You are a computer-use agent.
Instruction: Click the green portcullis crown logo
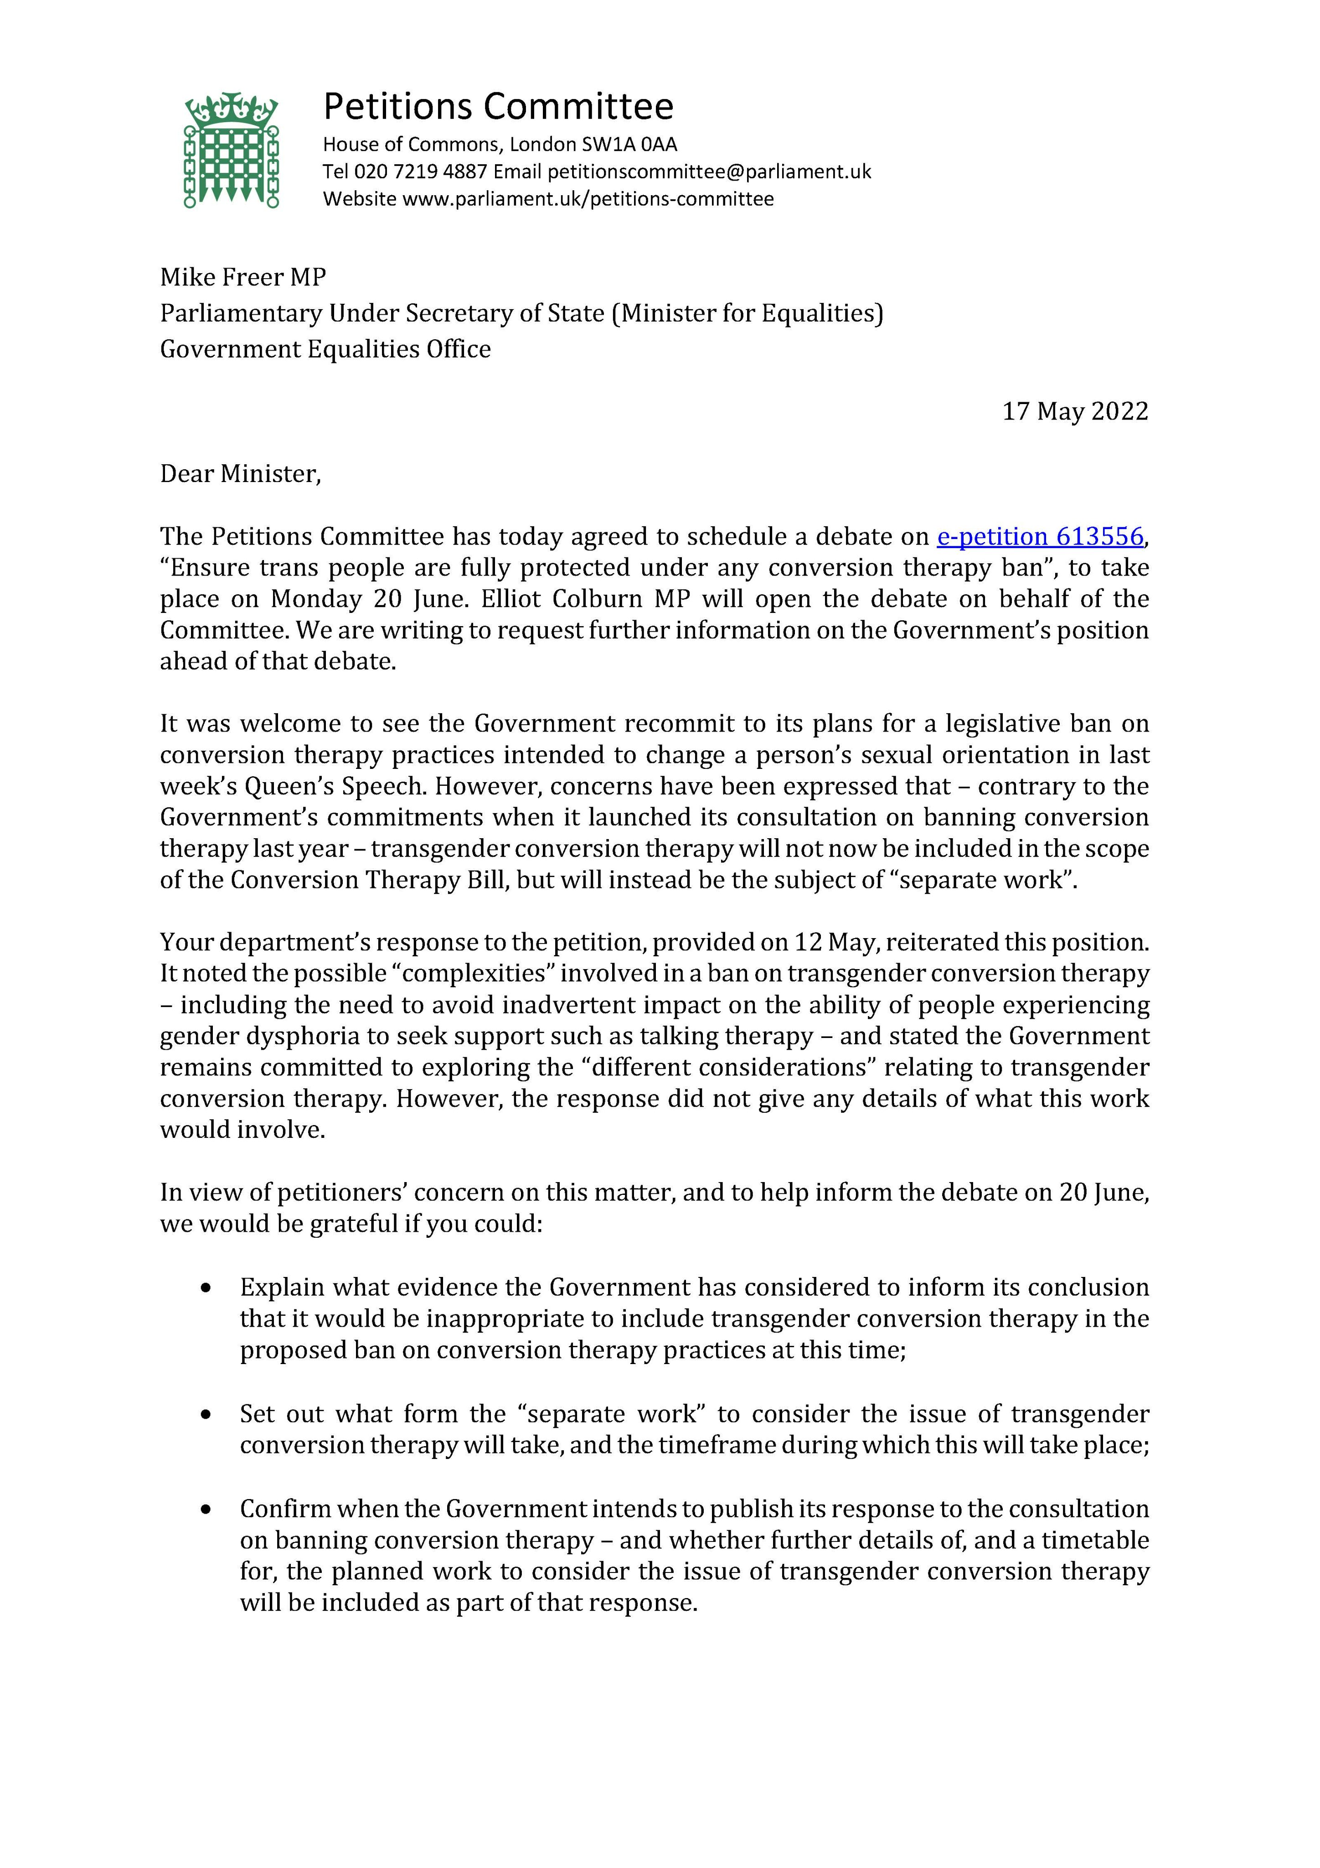point(232,150)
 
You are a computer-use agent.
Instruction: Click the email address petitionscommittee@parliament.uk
point(709,171)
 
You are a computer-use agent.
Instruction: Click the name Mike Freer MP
point(242,277)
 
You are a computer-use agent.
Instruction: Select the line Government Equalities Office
point(325,349)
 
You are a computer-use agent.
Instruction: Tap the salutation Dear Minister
point(240,473)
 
